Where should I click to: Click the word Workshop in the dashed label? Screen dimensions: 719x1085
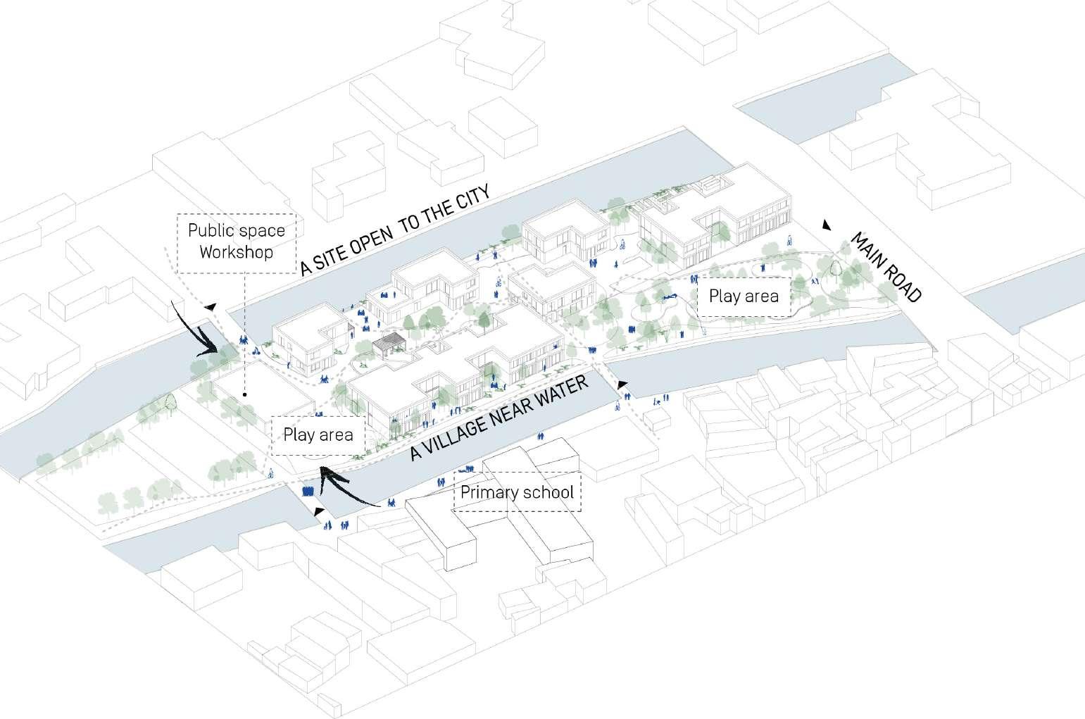[x=236, y=252]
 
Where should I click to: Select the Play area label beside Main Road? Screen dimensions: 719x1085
[x=744, y=296]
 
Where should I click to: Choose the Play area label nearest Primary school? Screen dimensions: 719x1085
[x=318, y=434]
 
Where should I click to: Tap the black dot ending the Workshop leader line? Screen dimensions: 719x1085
[x=244, y=395]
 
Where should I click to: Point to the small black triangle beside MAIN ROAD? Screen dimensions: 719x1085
[x=827, y=225]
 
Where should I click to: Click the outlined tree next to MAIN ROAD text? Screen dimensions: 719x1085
[x=836, y=267]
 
